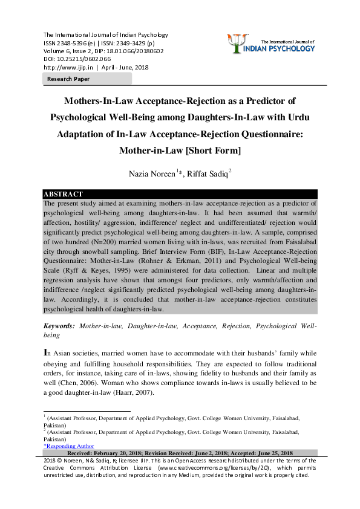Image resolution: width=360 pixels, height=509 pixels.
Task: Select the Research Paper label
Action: pos(68,79)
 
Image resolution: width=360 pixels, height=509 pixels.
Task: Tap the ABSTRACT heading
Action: pos(63,194)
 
